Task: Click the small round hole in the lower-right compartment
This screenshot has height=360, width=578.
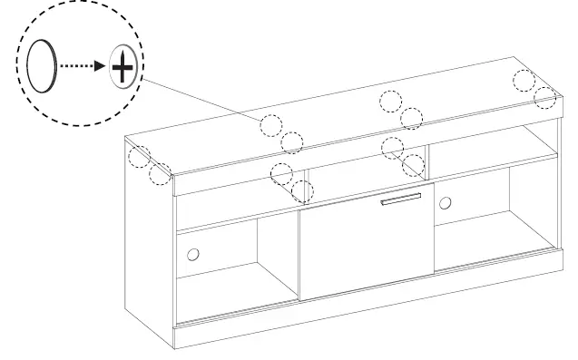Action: tap(445, 202)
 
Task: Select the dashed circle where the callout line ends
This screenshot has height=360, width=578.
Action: tap(271, 126)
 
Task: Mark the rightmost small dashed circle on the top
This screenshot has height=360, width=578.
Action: tap(545, 97)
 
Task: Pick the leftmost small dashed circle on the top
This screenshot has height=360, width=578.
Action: tap(137, 157)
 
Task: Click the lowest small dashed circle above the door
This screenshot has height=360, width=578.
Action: tap(303, 191)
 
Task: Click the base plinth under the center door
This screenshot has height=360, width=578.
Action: tap(363, 316)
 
